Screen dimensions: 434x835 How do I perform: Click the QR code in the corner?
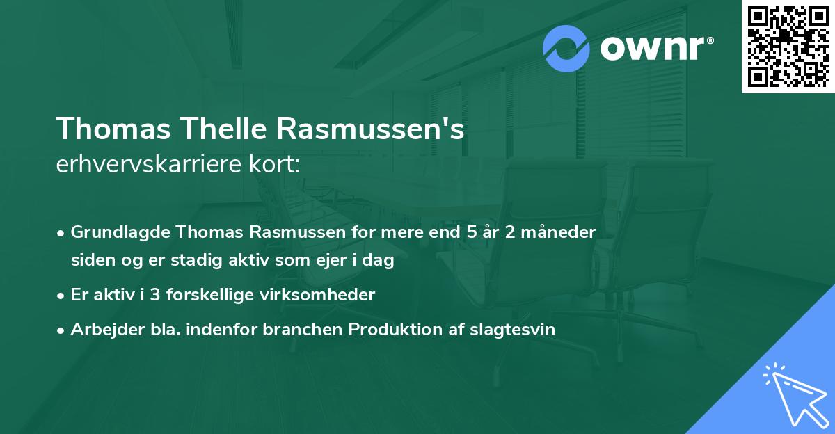tap(788, 46)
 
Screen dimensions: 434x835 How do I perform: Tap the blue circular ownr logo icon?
tap(566, 49)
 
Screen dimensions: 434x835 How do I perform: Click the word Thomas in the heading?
tap(106, 130)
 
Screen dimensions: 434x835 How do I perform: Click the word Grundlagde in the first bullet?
tap(114, 232)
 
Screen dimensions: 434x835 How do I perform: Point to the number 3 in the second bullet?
tap(154, 295)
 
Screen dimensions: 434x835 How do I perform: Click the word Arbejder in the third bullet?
tap(101, 330)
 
